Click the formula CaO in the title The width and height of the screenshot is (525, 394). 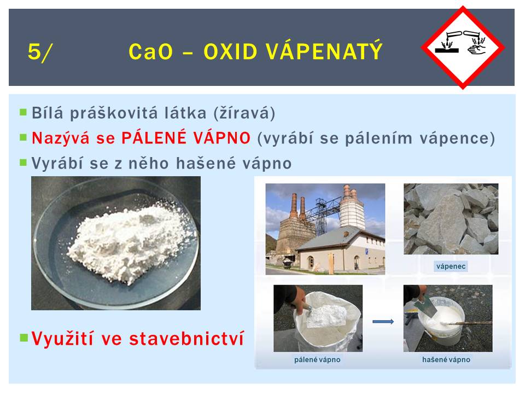(x=151, y=51)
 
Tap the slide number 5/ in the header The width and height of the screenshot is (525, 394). (x=40, y=52)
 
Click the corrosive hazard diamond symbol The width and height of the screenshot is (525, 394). (x=463, y=48)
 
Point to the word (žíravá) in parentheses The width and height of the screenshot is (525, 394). (x=244, y=113)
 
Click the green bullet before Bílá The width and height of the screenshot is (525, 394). (x=23, y=112)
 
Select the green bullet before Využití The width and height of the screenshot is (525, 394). (x=24, y=337)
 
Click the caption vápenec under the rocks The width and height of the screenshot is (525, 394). (x=451, y=266)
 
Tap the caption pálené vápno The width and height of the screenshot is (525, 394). (x=317, y=360)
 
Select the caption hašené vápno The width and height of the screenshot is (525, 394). (x=446, y=360)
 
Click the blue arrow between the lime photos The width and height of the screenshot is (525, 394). (x=383, y=322)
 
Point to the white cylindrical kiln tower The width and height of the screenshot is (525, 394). (x=352, y=208)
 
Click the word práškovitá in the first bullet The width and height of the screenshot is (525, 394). (x=114, y=113)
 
